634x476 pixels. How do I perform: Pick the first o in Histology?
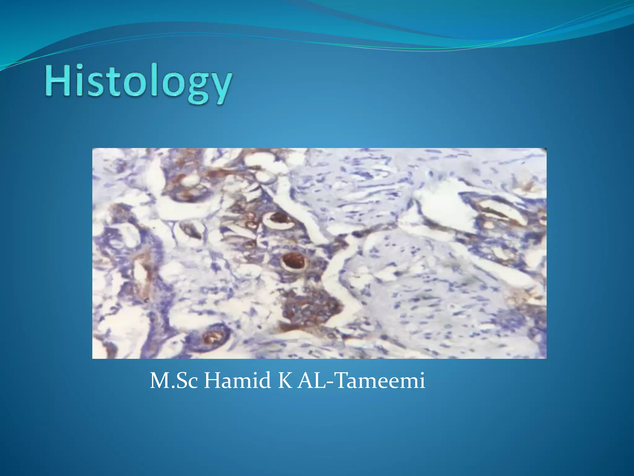(135, 84)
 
